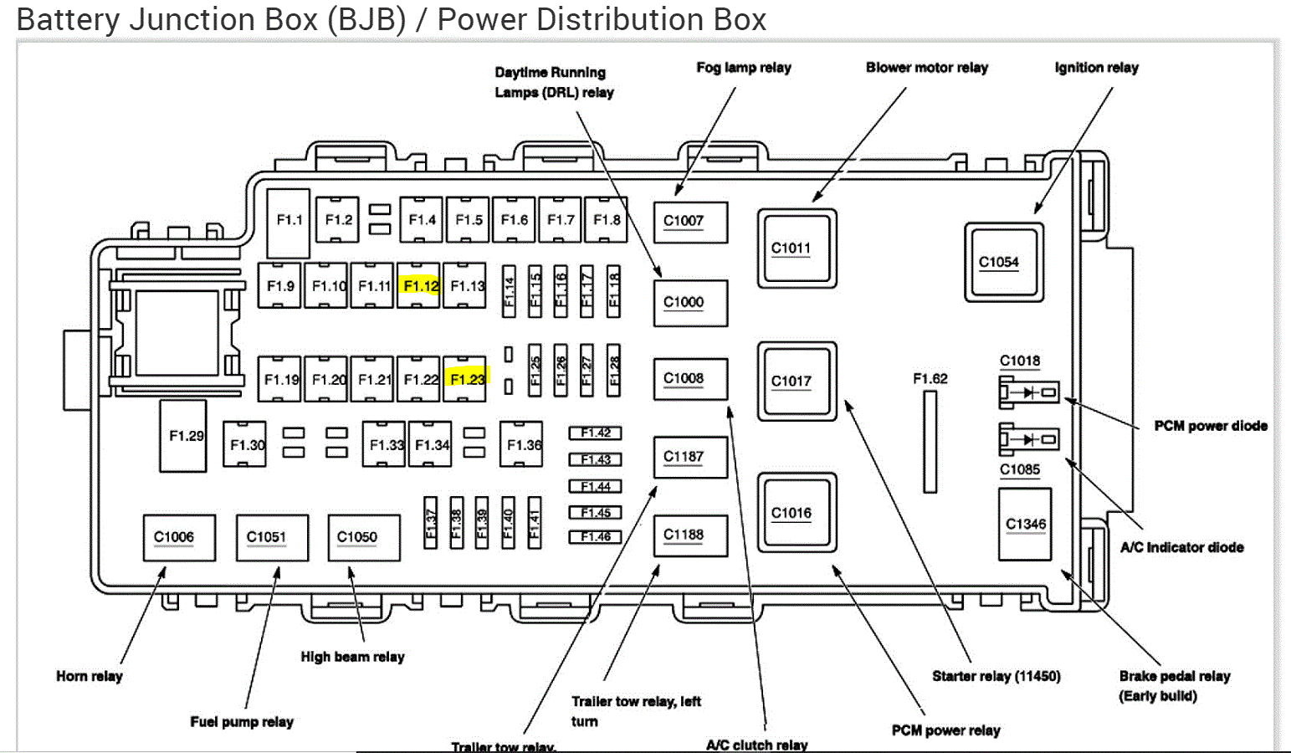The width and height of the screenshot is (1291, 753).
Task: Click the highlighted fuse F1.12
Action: pos(420,286)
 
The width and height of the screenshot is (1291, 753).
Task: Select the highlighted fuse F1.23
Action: pos(465,379)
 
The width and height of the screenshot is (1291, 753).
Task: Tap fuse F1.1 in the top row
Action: pos(289,222)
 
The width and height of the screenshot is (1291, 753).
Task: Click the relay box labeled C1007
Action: pos(690,222)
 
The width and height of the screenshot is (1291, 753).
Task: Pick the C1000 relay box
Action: pos(690,302)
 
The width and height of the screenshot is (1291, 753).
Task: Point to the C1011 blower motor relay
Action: pos(797,248)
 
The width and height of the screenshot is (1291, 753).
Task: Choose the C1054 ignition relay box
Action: pos(1003,262)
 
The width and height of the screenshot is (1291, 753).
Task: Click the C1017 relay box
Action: pos(797,381)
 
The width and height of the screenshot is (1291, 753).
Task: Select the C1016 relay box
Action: pos(797,513)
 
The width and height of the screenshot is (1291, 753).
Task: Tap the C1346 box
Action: pos(1025,525)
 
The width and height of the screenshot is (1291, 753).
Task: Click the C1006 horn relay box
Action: pos(179,537)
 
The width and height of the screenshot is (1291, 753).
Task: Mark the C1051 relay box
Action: pos(272,537)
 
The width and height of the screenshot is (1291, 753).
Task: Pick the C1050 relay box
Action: pos(363,537)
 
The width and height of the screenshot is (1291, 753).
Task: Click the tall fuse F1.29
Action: pos(183,436)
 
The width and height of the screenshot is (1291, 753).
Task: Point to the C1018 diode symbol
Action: pos(1029,392)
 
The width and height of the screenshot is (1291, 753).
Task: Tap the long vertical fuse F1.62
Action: pos(930,441)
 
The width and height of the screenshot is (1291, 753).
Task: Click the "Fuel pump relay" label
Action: pos(242,722)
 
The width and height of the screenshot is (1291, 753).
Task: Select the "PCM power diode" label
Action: pos(1210,426)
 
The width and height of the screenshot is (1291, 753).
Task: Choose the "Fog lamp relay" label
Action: pos(743,68)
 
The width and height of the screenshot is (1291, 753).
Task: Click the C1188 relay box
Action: pos(690,535)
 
